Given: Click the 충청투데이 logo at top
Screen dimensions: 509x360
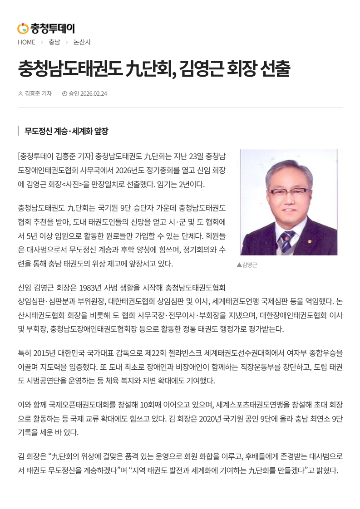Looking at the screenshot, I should coord(46,29).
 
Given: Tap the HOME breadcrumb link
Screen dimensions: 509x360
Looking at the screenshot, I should coord(26,42).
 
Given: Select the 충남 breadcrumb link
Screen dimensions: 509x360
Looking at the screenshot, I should coord(54,42).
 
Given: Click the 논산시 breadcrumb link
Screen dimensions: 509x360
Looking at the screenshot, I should coord(82,42).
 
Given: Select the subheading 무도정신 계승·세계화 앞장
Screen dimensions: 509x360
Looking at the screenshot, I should coord(66,131).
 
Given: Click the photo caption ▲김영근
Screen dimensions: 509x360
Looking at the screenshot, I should coord(247,265).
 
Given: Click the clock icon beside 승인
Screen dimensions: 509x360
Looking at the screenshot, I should coord(64,93).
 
